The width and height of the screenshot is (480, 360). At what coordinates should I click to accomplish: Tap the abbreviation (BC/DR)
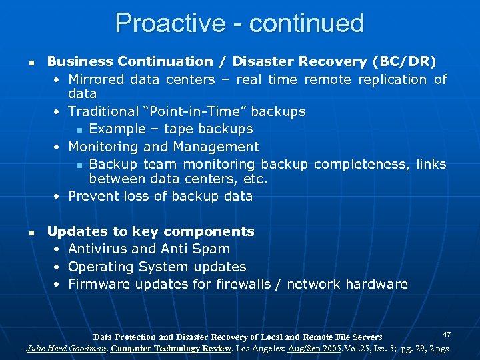pyautogui.click(x=403, y=61)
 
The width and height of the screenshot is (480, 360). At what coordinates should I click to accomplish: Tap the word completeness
pyautogui.click(x=362, y=164)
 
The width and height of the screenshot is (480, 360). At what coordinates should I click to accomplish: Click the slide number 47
pyautogui.click(x=447, y=333)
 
